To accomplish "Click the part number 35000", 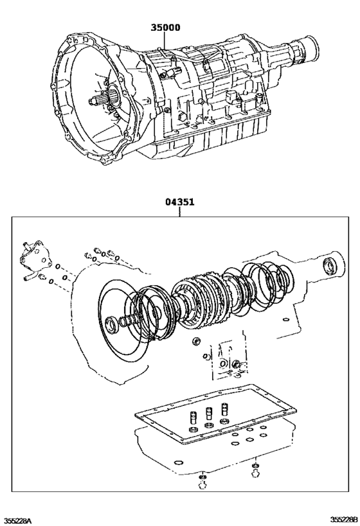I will click(x=165, y=28).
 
